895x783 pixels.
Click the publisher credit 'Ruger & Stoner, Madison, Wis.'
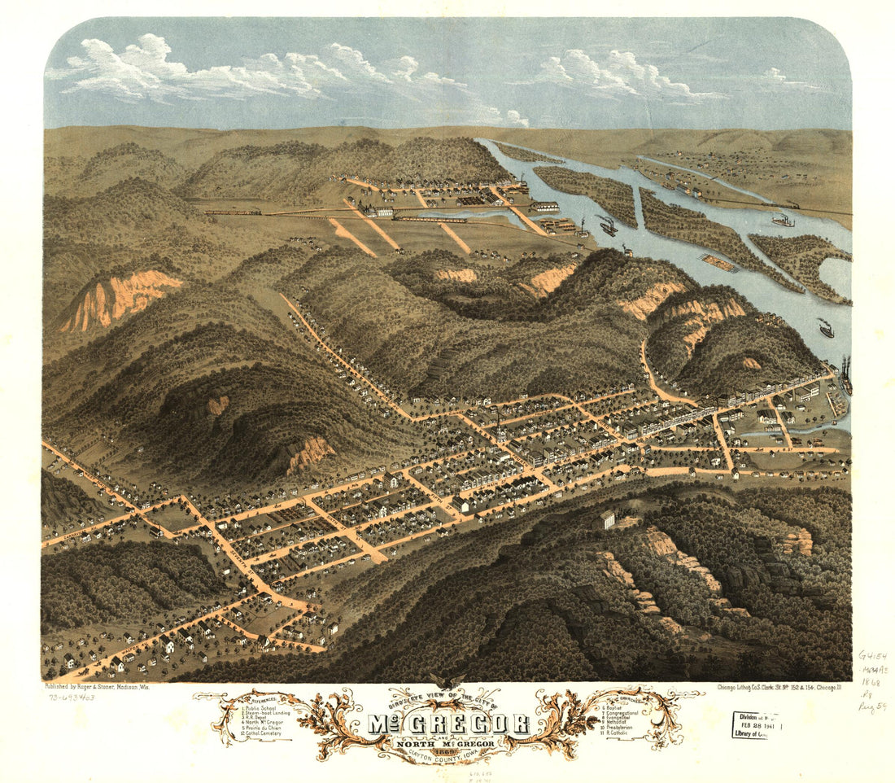[97, 687]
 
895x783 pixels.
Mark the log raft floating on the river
[716, 262]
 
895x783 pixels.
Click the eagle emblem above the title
[447, 682]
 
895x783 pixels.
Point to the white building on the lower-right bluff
[607, 519]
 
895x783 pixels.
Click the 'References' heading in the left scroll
[261, 699]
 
